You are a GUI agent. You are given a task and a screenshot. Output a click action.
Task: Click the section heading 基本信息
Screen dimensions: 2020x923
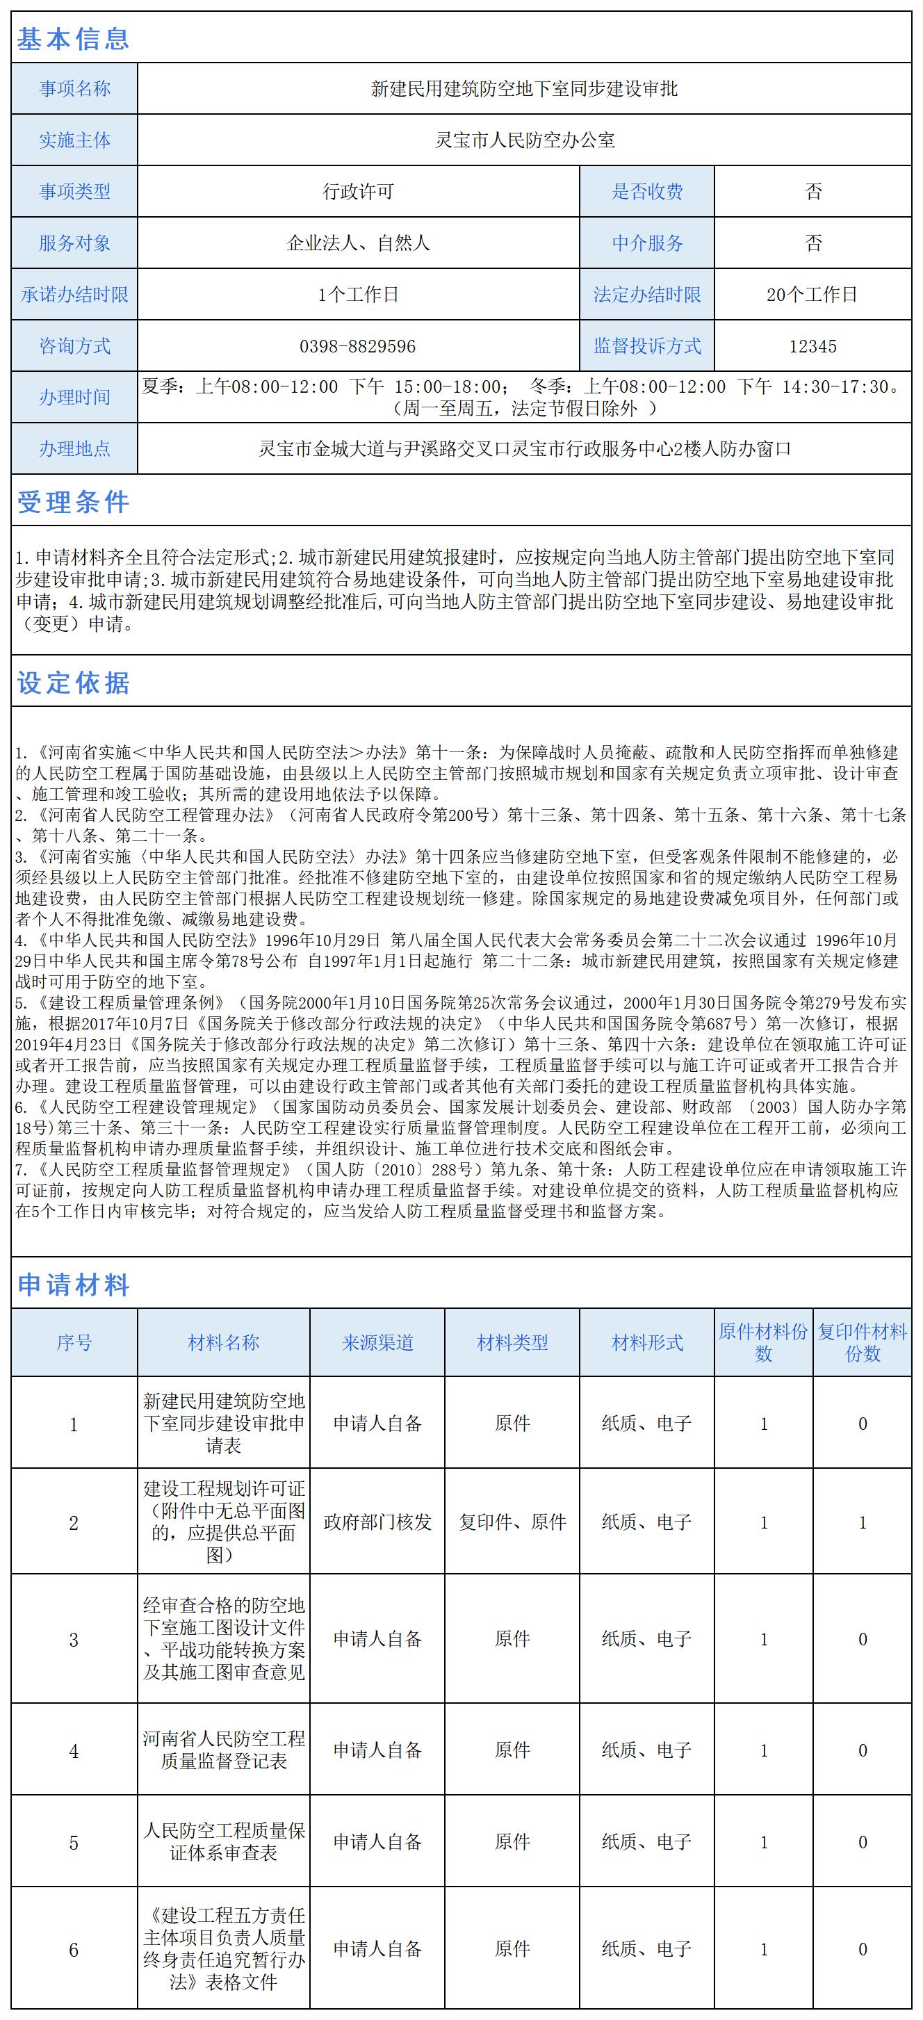click(73, 38)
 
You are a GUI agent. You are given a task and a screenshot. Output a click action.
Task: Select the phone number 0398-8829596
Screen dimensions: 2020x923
click(358, 345)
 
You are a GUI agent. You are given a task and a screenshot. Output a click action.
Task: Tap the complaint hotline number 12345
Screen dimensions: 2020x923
click(812, 345)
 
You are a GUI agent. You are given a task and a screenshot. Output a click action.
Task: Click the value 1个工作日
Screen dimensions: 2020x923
click(358, 295)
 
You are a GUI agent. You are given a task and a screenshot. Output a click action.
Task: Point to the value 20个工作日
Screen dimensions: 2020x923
click(812, 295)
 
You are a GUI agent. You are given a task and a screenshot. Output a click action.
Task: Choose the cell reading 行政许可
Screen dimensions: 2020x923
click(358, 191)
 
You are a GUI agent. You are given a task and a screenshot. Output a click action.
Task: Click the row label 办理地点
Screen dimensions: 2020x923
click(74, 448)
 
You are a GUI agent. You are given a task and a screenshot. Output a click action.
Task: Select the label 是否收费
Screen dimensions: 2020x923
click(647, 191)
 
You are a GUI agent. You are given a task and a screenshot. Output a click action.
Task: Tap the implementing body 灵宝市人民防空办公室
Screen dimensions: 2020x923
click(524, 140)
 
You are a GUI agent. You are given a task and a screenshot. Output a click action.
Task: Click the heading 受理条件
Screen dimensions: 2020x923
click(73, 502)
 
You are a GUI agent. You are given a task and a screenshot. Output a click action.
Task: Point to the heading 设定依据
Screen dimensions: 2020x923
click(73, 683)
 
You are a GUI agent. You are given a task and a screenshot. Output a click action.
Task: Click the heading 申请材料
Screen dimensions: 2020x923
click(73, 1285)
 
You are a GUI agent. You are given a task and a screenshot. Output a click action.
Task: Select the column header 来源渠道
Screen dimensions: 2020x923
click(377, 1342)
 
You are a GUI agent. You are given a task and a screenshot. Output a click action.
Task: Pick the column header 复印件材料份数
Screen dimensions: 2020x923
click(862, 1342)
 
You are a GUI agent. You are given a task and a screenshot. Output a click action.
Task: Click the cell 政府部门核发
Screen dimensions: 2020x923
click(377, 1522)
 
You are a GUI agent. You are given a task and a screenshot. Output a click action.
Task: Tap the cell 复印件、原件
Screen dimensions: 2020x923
click(512, 1522)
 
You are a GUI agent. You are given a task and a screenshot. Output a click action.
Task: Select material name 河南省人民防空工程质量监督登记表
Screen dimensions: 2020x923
click(224, 1750)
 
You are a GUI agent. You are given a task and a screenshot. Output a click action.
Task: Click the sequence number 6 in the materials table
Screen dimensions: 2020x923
click(74, 1949)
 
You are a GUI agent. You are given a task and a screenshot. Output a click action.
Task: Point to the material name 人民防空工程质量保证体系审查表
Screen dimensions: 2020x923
click(224, 1841)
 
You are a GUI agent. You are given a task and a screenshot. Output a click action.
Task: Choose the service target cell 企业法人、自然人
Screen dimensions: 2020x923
click(358, 243)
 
